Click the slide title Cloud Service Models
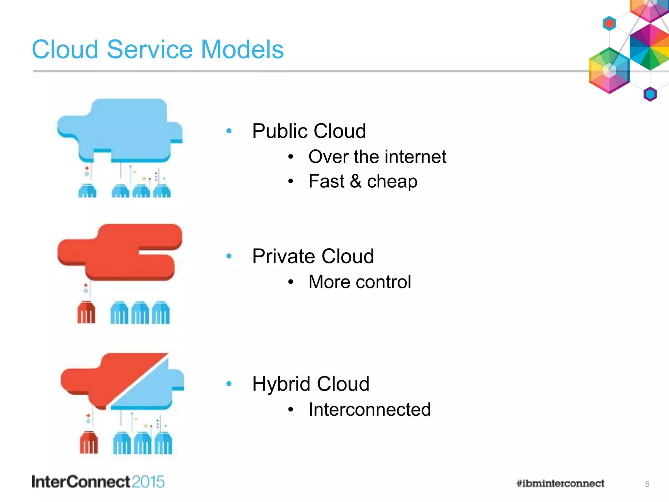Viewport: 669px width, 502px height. point(158,49)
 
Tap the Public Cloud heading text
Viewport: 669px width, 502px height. point(309,131)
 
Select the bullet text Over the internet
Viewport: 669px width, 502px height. point(377,157)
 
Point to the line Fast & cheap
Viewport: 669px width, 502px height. point(363,181)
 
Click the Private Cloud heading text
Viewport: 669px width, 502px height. point(313,256)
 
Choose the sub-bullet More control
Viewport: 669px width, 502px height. point(359,282)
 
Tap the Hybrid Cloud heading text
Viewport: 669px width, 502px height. point(311,384)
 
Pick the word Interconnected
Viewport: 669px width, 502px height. point(369,410)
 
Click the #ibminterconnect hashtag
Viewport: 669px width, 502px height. point(560,483)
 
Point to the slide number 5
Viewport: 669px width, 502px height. point(647,484)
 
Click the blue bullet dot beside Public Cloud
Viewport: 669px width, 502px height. point(229,131)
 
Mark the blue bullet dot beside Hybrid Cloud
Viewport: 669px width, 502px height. point(229,384)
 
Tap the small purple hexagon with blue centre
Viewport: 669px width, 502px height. point(650,94)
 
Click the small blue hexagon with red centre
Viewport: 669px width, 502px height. point(609,24)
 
